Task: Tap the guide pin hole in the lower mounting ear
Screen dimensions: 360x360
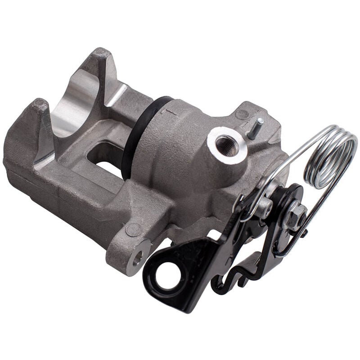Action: tap(138, 257)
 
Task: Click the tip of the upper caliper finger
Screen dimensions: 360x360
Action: tap(100, 56)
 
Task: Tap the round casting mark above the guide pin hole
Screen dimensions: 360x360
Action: tap(134, 229)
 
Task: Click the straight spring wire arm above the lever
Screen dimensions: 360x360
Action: tap(288, 148)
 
